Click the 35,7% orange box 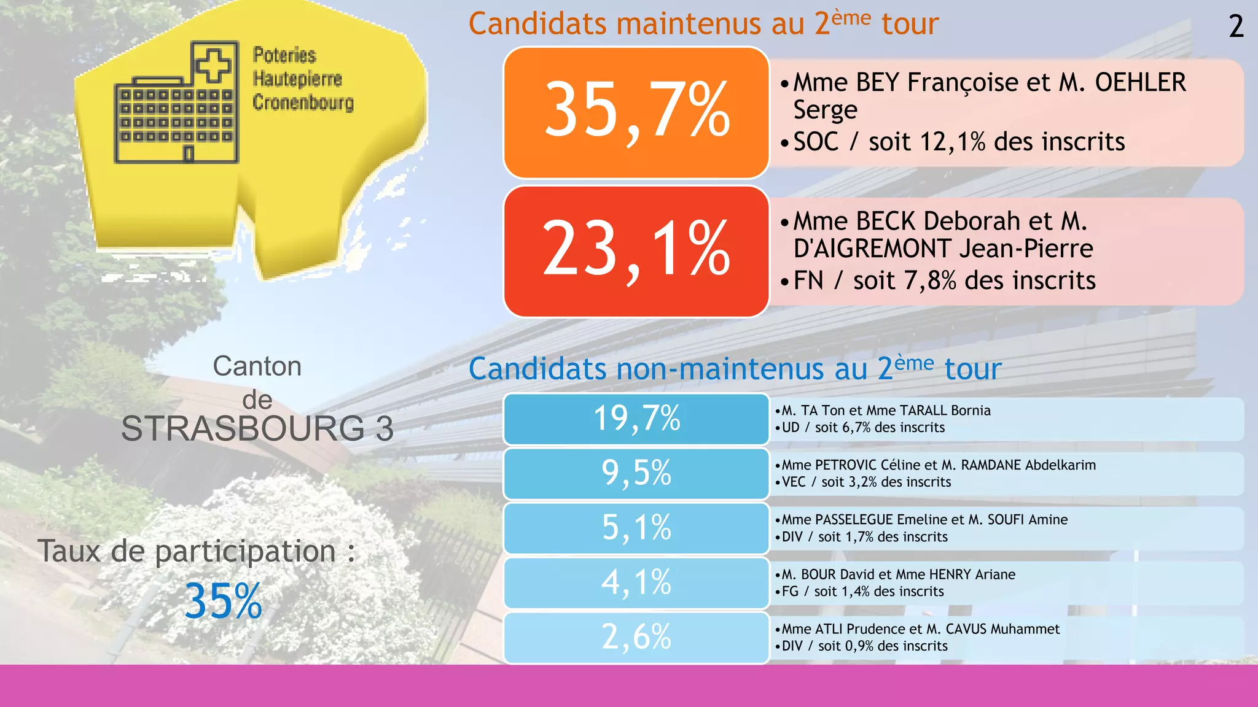(636, 112)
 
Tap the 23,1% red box (636, 251)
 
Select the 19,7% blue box (636, 419)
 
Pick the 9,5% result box (636, 473)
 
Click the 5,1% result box (636, 528)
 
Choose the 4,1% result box (636, 582)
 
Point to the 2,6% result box (636, 637)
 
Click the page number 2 (1236, 27)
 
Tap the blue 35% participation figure (223, 601)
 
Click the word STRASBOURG (243, 428)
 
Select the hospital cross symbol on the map (213, 64)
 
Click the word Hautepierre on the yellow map (297, 79)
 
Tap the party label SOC (816, 142)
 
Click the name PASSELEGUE (854, 520)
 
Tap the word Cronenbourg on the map (303, 102)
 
